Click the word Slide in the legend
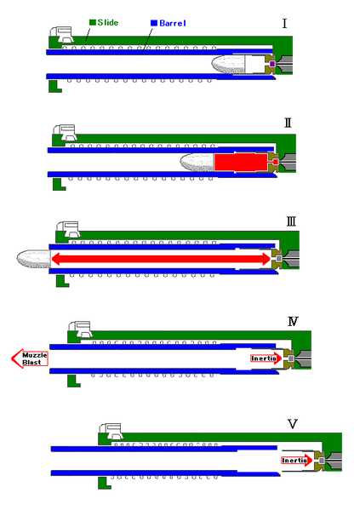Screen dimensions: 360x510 pyautogui.click(x=107, y=22)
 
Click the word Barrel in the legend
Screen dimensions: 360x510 pyautogui.click(x=173, y=23)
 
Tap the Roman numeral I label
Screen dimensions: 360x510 pyautogui.click(x=284, y=24)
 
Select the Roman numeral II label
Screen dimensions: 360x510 pyautogui.click(x=288, y=123)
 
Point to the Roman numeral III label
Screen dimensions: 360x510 pyautogui.click(x=291, y=222)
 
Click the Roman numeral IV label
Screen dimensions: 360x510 pyautogui.click(x=293, y=321)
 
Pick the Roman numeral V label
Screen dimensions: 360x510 pyautogui.click(x=293, y=424)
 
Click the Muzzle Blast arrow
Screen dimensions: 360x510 pyautogui.click(x=30, y=358)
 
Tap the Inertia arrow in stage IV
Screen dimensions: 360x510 pyautogui.click(x=266, y=358)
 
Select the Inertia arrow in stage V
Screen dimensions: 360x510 pyautogui.click(x=297, y=461)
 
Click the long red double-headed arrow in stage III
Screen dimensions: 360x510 pyautogui.click(x=161, y=259)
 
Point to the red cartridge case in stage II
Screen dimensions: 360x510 pyautogui.click(x=242, y=162)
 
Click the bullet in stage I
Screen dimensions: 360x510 pyautogui.click(x=227, y=64)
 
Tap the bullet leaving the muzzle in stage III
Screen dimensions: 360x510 pyautogui.click(x=33, y=259)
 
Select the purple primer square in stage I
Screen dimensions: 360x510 pyautogui.click(x=272, y=64)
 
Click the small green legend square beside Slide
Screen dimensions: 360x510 pyautogui.click(x=93, y=22)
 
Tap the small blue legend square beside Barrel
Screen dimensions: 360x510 pyautogui.click(x=154, y=23)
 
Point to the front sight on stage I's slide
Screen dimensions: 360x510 pyautogui.click(x=62, y=34)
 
